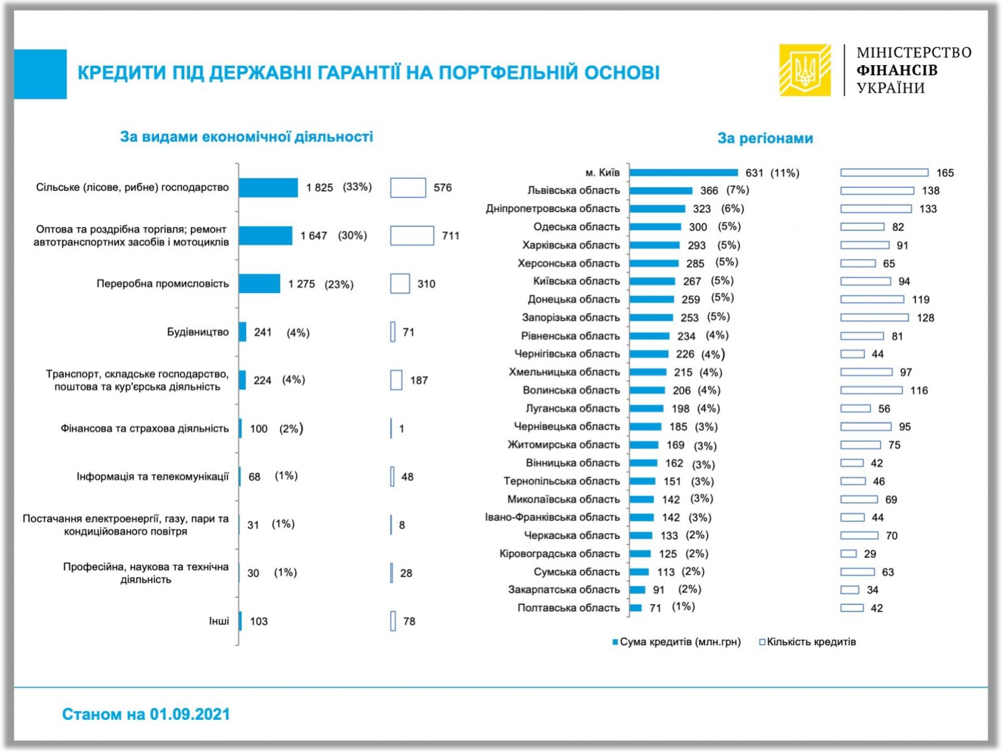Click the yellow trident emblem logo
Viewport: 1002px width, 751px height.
805,69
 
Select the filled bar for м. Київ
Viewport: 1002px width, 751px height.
684,173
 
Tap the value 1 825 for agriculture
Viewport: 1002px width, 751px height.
319,188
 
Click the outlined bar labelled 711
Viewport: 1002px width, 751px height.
411,236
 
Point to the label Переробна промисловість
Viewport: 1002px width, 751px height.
163,284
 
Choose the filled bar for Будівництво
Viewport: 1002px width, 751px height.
242,332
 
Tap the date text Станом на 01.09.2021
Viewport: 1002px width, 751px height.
146,714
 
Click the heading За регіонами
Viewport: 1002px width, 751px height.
765,138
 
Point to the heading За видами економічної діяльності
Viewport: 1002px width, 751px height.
246,136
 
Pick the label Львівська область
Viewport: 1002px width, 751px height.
573,190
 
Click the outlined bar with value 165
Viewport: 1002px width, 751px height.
884,173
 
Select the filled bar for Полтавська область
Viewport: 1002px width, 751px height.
636,608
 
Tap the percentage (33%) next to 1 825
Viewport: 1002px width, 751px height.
357,187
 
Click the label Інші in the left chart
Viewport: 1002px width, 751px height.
219,621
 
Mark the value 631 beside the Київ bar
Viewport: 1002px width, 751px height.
754,173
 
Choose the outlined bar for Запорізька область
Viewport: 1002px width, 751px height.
874,318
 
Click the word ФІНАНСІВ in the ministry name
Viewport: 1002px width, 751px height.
897,70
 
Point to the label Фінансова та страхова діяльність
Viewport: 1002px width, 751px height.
145,429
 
